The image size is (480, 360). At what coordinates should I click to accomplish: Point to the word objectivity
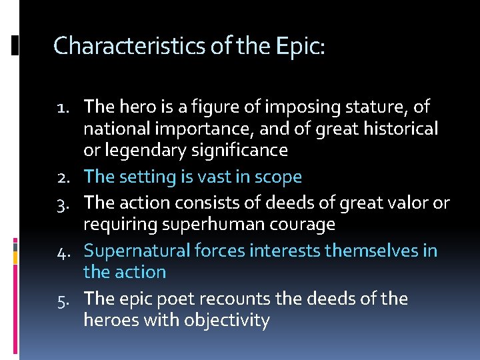click(x=227, y=321)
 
